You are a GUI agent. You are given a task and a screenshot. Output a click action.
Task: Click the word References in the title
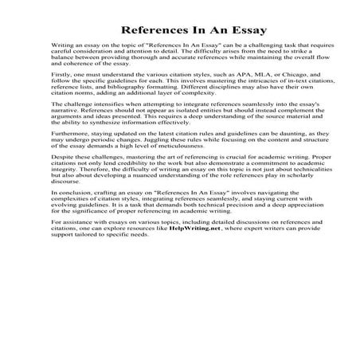point(156,30)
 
